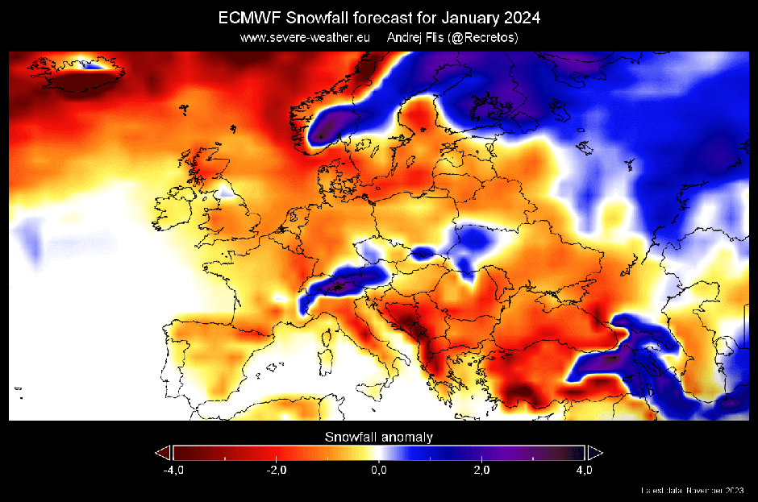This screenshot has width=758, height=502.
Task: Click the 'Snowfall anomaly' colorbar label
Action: click(x=379, y=437)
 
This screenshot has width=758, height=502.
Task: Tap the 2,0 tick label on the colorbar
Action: click(x=481, y=470)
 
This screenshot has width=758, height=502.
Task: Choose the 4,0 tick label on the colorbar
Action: click(x=585, y=470)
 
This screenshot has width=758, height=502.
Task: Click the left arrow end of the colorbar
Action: click(x=164, y=452)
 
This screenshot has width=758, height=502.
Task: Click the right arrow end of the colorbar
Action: click(x=595, y=452)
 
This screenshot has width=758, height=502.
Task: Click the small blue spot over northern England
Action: click(x=228, y=192)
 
